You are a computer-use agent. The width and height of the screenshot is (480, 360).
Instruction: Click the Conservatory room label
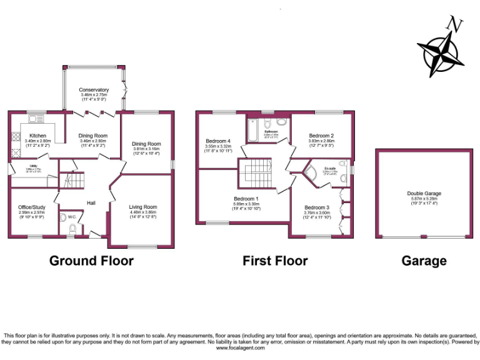(94, 90)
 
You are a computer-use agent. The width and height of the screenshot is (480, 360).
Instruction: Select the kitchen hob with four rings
(14, 137)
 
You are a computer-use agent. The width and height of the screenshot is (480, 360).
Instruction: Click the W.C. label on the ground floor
(72, 217)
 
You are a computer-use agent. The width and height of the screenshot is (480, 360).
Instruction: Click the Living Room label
(143, 207)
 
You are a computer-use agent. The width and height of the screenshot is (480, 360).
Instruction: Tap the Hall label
(91, 203)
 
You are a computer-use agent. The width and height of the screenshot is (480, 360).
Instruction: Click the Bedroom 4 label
(218, 141)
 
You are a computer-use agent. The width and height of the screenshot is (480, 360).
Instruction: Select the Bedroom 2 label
(321, 136)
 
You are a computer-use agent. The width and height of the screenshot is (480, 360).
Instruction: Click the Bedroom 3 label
(317, 207)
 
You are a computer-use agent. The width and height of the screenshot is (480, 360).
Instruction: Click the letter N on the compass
(454, 25)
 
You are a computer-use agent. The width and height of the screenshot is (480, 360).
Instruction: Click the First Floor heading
(275, 261)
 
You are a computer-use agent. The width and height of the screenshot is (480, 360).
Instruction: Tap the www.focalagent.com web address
(240, 348)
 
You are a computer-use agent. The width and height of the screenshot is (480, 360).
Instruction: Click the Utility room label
(30, 165)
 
